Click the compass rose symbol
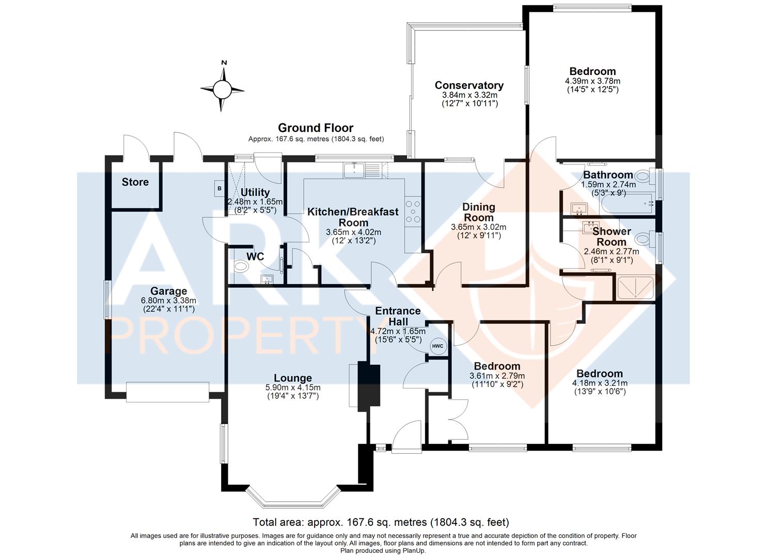click(x=223, y=89)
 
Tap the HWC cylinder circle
click(x=437, y=346)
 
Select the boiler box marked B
click(x=219, y=189)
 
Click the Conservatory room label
click(x=469, y=85)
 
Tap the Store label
click(x=135, y=182)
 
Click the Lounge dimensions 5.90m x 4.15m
click(x=293, y=388)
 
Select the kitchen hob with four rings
click(x=413, y=211)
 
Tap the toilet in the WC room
click(x=241, y=267)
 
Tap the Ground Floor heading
click(x=316, y=128)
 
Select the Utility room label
click(x=255, y=193)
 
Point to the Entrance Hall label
click(x=398, y=316)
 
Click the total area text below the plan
click(x=381, y=522)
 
